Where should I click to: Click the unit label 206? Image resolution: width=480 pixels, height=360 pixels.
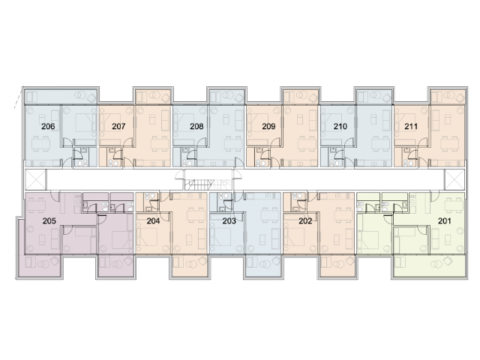tap(48, 126)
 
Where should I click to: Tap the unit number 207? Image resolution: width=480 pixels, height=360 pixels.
tap(118, 126)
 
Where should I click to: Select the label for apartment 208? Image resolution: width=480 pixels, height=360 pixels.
tap(196, 126)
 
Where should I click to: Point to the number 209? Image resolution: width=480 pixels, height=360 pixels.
tap(268, 126)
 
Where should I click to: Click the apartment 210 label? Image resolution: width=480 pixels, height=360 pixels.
tap(340, 126)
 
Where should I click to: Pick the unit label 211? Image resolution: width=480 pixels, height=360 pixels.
tap(411, 126)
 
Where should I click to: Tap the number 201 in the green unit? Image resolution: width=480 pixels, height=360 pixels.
tap(445, 220)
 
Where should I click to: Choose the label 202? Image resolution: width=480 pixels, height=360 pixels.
tap(305, 220)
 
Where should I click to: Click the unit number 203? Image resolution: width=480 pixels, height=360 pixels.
tap(229, 220)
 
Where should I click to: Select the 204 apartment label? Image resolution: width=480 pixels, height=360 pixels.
tap(153, 220)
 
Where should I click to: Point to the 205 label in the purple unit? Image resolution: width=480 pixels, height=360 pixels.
tap(49, 220)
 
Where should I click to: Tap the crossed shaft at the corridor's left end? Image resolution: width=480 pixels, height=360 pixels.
tap(35, 179)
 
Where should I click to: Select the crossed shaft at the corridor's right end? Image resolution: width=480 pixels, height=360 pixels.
tap(454, 179)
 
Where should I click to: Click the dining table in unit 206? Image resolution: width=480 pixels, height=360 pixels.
tap(40, 143)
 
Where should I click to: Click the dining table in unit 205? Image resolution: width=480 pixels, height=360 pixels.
tap(36, 205)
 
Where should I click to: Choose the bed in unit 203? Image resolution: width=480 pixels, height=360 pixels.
tap(220, 237)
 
